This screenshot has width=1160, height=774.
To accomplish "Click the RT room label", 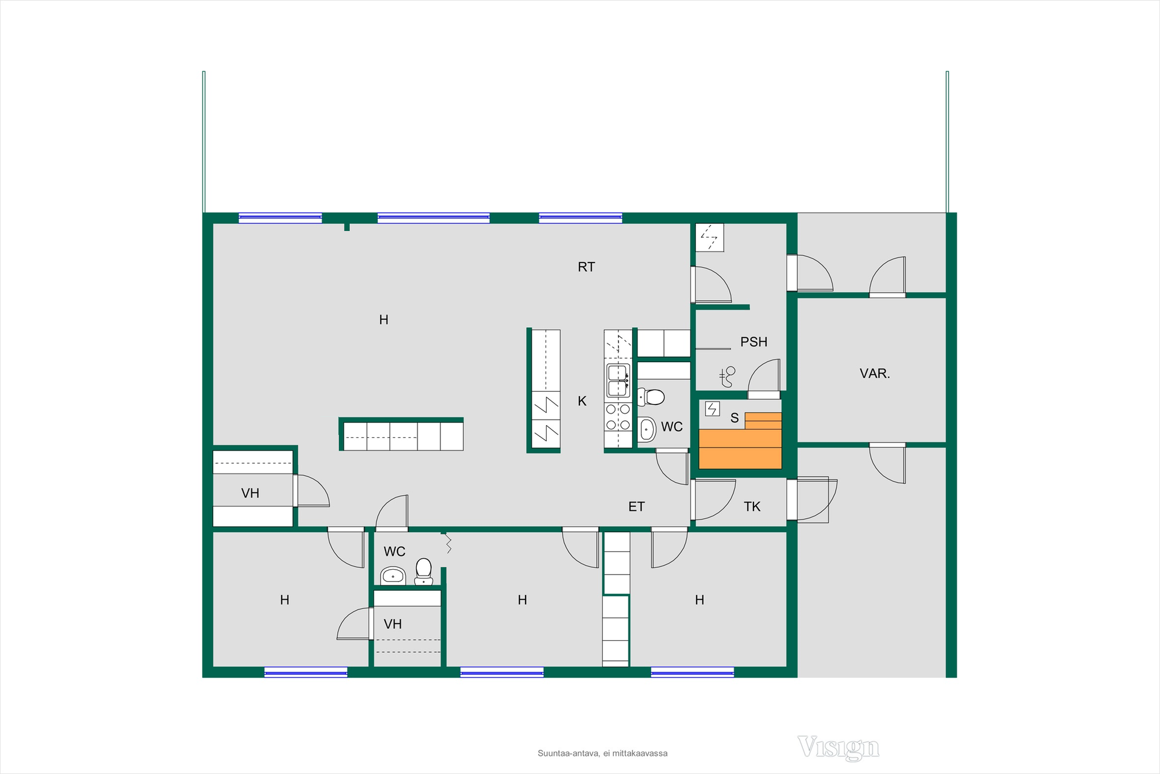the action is tap(586, 267).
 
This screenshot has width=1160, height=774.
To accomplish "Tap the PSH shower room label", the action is tap(753, 342).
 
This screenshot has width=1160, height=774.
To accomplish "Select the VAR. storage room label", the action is tap(875, 374).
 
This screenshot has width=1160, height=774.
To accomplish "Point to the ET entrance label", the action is tap(636, 507).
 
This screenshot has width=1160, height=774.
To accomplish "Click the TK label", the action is tap(752, 507).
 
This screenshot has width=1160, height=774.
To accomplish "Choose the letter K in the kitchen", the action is tap(582, 401).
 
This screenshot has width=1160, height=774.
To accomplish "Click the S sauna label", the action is tap(735, 418).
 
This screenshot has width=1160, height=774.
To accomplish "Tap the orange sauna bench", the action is tap(740, 447).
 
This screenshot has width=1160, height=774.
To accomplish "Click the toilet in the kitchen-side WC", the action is tap(651, 397).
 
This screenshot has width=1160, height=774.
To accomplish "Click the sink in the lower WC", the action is tap(393, 576).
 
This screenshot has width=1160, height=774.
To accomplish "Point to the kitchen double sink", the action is tap(618, 380).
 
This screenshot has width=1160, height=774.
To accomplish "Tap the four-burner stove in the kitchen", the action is tap(618, 417).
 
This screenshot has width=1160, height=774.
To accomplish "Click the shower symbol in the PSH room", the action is tap(727, 377).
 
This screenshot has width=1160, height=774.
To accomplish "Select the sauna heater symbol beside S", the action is tap(712, 409).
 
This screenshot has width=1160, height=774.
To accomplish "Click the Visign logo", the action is tap(839, 748).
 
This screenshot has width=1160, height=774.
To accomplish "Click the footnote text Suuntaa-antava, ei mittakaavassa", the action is tap(602, 753).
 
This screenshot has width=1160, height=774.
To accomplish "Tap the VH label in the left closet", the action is tap(250, 493).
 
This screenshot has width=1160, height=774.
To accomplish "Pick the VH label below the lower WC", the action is tap(393, 624).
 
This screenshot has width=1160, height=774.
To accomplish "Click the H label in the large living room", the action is tap(384, 320).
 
